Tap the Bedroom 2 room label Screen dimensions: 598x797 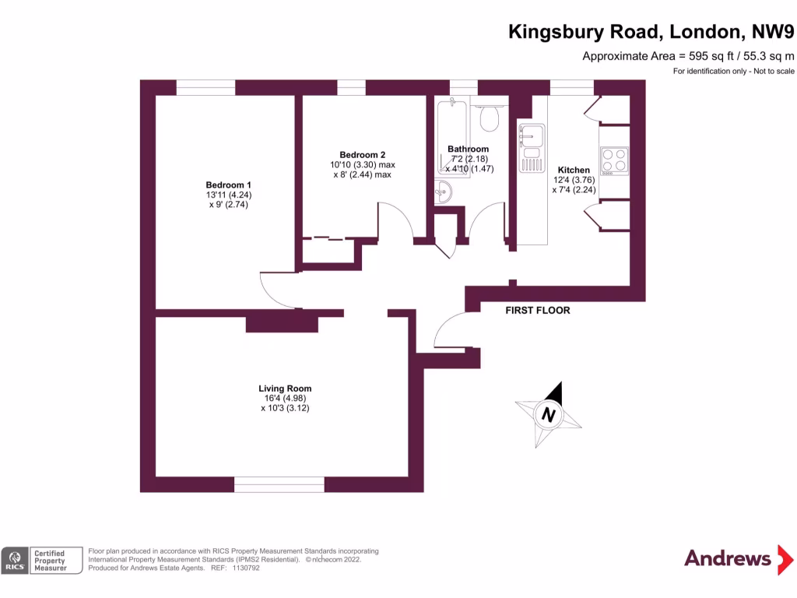point(362,154)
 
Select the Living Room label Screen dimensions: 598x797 point(285,389)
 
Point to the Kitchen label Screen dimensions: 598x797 point(574,170)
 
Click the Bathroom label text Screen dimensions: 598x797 point(468,149)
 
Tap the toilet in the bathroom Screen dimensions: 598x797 point(489,119)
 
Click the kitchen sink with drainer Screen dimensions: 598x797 point(532,148)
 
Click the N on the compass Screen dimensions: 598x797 point(549,415)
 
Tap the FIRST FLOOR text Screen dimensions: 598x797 point(538,310)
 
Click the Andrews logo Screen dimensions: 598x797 point(727,558)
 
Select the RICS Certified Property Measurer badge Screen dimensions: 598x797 point(42,560)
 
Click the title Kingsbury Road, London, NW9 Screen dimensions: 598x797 point(651,31)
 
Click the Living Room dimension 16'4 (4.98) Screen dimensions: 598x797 point(285,399)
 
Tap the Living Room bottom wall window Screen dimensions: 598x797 point(279,484)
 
